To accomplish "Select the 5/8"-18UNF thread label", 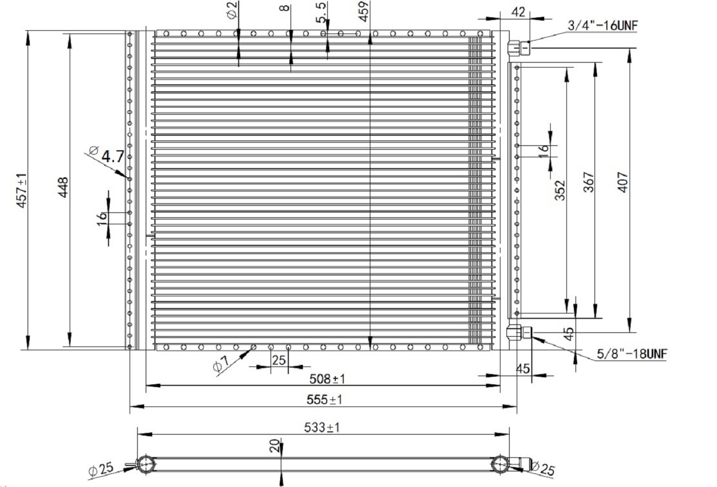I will [x=632, y=355].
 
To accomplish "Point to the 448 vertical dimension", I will [x=63, y=187].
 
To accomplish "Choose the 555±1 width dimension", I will [x=324, y=399].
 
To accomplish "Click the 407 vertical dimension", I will [x=621, y=183].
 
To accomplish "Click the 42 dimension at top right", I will [x=518, y=12].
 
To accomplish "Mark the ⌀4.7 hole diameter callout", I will [x=108, y=157].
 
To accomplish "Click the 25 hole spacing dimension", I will [x=279, y=359].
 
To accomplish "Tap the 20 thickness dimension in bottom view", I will [x=275, y=445].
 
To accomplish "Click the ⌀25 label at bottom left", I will [x=101, y=470].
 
